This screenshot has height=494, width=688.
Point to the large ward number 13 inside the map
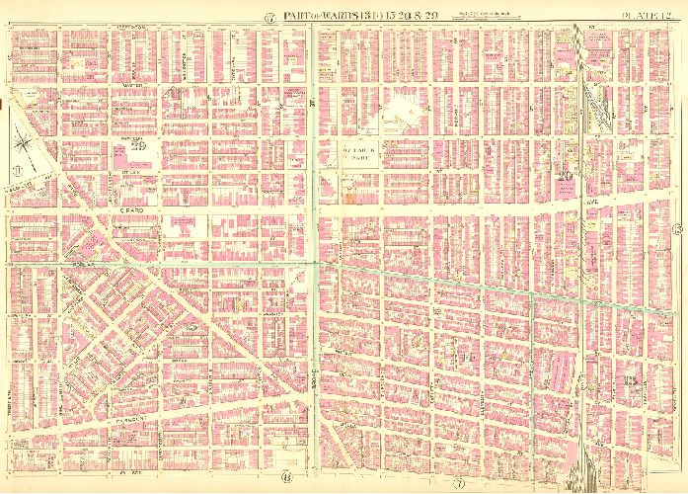coord(624,380)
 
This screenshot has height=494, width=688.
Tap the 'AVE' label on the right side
coord(618,206)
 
